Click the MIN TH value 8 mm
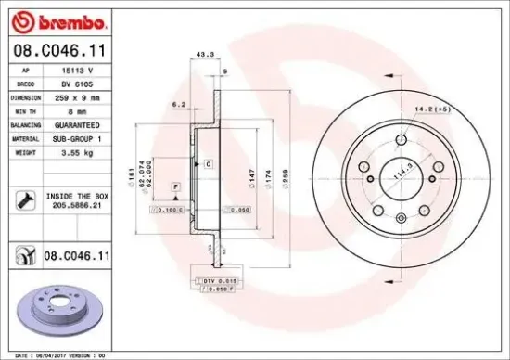74,109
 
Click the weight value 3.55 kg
74,151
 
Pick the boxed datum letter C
208,164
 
